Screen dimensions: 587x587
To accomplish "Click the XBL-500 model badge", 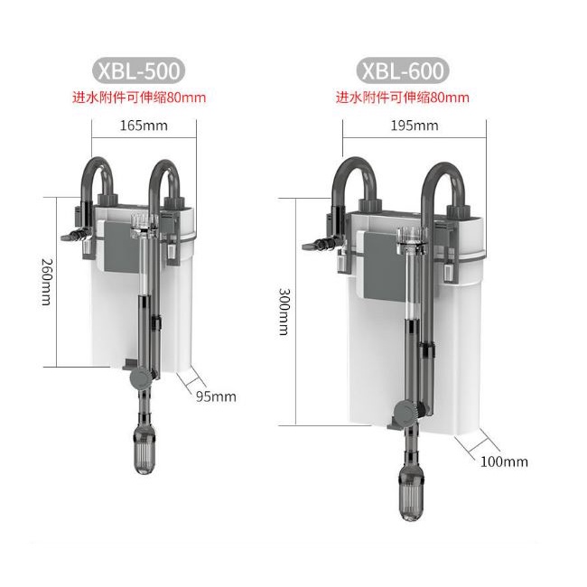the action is [x=138, y=70].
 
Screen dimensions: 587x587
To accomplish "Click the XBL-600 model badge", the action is [x=403, y=70].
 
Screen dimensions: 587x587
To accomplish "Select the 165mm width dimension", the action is [x=144, y=126].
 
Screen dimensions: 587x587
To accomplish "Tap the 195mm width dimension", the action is [x=415, y=126].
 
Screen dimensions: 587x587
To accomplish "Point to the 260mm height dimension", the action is [x=47, y=282].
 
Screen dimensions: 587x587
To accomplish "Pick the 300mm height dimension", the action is [x=284, y=312].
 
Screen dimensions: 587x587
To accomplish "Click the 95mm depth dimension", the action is [x=216, y=396].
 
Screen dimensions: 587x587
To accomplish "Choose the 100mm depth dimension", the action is [x=504, y=461].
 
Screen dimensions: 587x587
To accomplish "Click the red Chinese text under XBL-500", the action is [x=139, y=98].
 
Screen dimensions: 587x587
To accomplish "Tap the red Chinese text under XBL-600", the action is [x=403, y=98].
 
